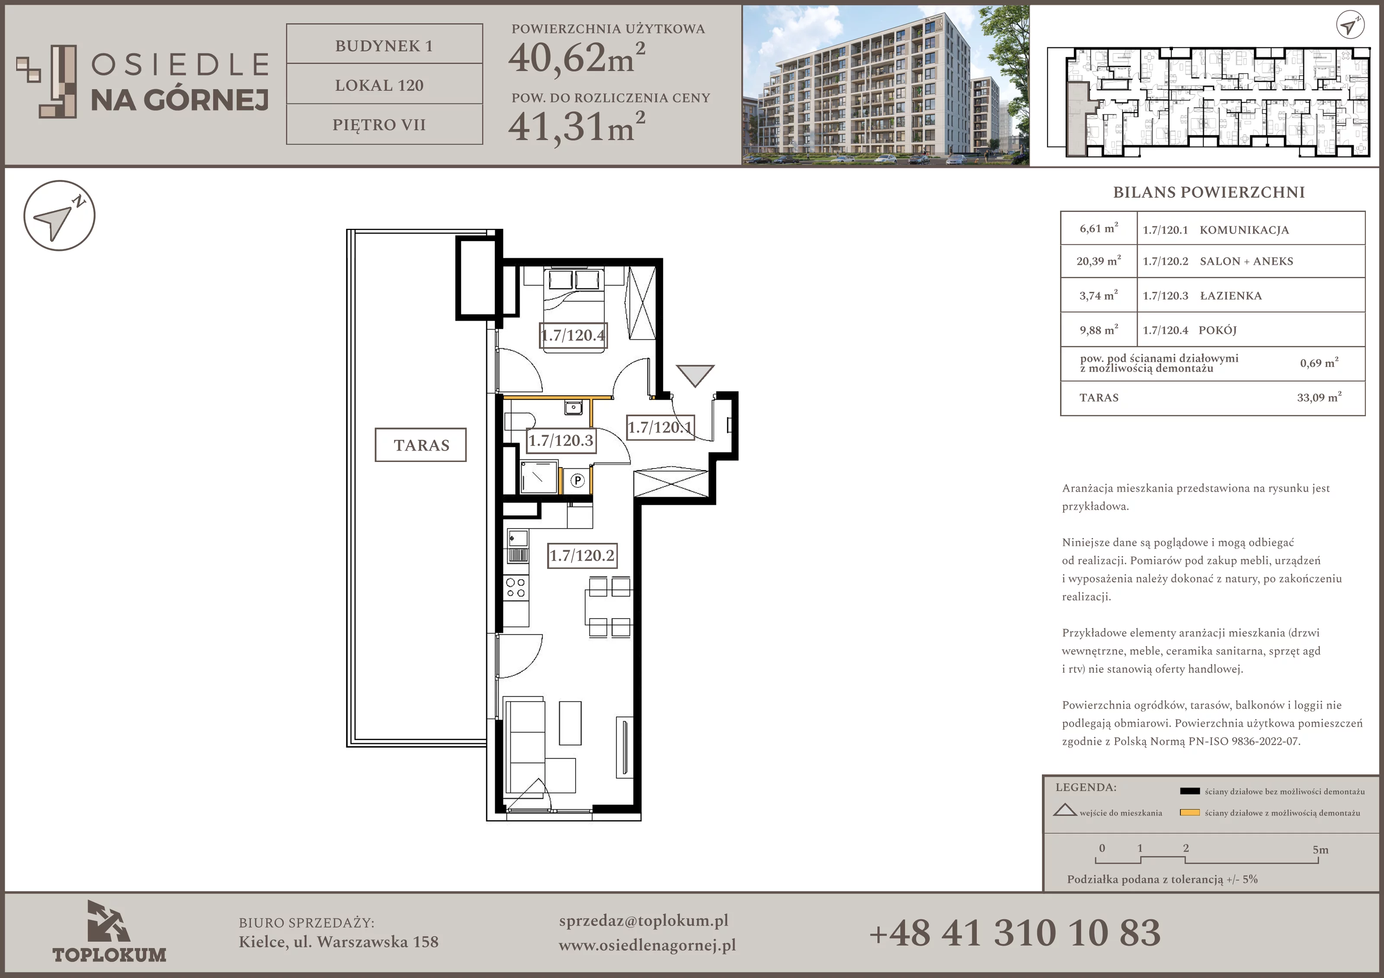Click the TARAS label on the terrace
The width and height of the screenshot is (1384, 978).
click(421, 445)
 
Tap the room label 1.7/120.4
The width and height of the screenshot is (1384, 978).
click(573, 335)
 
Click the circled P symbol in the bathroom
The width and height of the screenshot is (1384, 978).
click(577, 481)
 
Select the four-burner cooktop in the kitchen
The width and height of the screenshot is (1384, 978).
click(516, 588)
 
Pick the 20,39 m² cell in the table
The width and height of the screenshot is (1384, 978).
click(1098, 261)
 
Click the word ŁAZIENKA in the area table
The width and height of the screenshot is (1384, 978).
click(1231, 295)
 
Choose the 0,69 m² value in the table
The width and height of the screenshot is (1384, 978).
click(1319, 363)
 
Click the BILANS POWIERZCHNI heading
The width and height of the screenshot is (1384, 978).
click(1208, 192)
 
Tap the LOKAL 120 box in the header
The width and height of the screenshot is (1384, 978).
click(384, 85)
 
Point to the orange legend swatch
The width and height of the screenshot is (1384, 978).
click(1189, 812)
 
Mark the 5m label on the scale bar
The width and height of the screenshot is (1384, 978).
click(1320, 850)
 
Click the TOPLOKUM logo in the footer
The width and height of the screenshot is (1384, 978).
click(109, 932)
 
